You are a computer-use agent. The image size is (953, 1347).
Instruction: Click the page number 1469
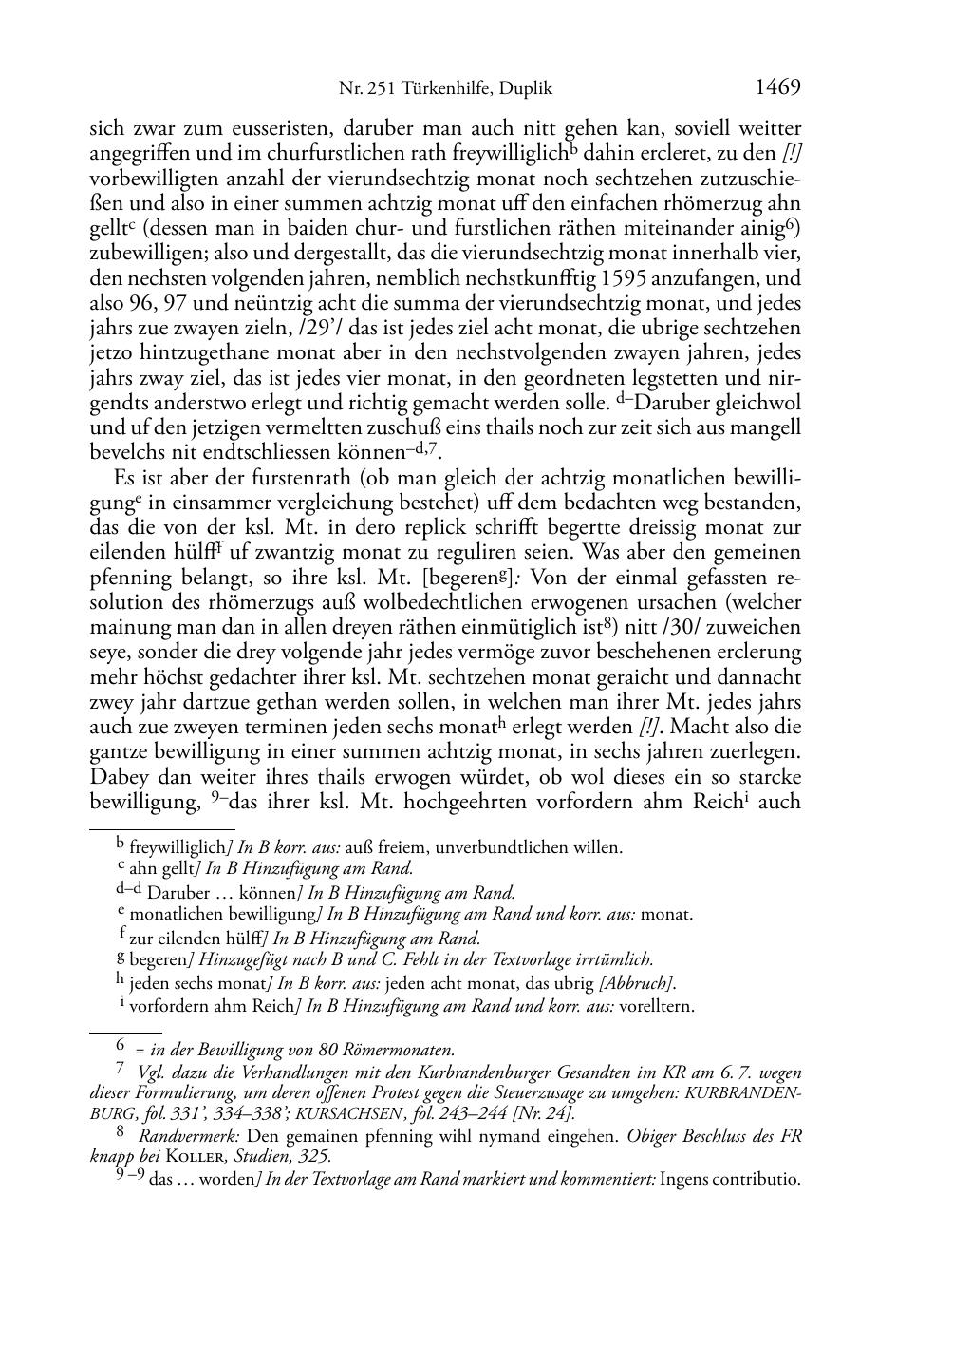coord(778,88)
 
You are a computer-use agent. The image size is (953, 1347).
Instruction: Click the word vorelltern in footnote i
coord(657,1006)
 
